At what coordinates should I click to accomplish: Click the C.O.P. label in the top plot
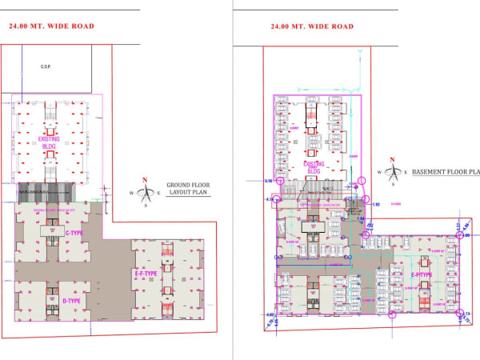46,67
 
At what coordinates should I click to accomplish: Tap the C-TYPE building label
74,233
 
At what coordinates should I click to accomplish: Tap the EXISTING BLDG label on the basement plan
314,167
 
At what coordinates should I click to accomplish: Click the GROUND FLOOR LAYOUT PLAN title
188,190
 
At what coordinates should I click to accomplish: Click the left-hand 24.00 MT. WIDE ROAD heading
51,26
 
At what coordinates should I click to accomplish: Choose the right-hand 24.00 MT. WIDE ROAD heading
311,26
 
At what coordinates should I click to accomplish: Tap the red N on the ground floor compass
144,179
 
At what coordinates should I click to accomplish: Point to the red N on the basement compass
391,159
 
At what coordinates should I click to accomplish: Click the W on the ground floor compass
131,192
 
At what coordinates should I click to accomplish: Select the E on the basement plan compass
405,171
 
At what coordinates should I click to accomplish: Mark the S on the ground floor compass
144,204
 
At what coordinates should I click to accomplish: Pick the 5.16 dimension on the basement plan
268,182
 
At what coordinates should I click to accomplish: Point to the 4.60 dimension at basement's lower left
270,314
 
